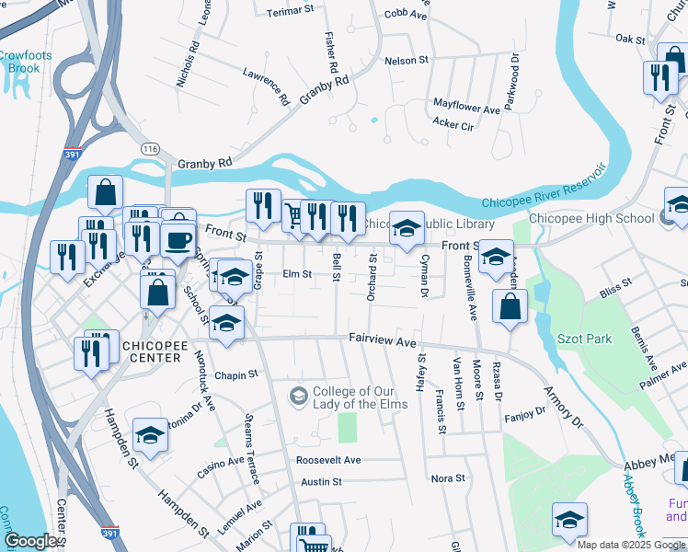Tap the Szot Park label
click(x=585, y=339)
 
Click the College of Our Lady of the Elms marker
click(x=298, y=397)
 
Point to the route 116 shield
click(x=151, y=147)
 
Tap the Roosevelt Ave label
click(x=328, y=459)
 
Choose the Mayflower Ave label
click(x=465, y=109)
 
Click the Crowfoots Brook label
click(x=25, y=62)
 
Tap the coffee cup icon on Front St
click(x=178, y=239)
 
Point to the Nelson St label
click(x=407, y=60)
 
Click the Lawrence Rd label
click(x=267, y=86)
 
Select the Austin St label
click(x=321, y=481)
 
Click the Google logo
click(x=31, y=540)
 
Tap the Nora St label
click(x=448, y=478)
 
